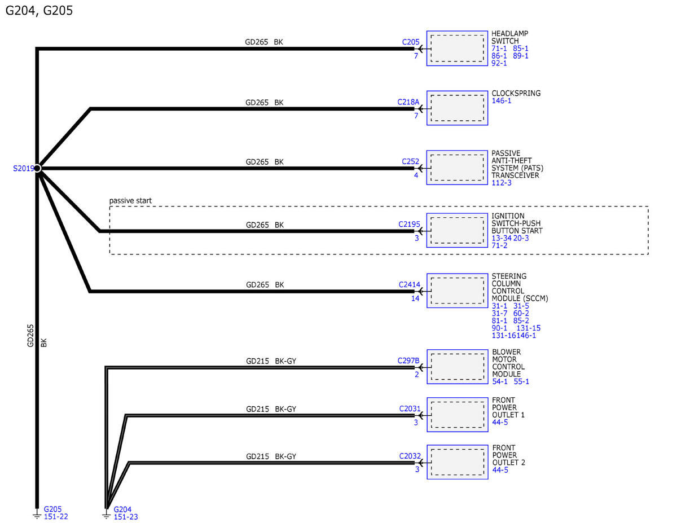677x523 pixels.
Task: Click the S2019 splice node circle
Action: [x=37, y=168]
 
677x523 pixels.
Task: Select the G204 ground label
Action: [x=122, y=509]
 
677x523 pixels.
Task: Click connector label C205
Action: [x=411, y=42]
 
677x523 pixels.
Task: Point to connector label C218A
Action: [x=408, y=102]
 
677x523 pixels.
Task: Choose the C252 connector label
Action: [x=410, y=161]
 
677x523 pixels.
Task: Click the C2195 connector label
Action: [x=409, y=225]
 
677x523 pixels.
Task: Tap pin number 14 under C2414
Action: [x=415, y=298]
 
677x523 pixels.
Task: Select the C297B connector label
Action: [x=408, y=361]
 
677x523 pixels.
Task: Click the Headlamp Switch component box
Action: [x=457, y=49]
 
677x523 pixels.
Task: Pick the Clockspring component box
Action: [x=457, y=108]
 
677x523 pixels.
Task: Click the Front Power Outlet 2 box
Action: [x=458, y=462]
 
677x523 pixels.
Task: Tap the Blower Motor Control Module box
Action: [x=458, y=367]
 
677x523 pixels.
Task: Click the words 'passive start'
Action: [x=130, y=201]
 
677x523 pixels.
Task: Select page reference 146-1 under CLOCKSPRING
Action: [x=502, y=100]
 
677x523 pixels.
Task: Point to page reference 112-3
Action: [x=502, y=183]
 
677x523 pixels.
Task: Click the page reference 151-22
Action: [x=56, y=517]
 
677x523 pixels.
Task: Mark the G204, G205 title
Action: [x=39, y=11]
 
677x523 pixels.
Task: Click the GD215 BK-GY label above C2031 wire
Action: [x=271, y=409]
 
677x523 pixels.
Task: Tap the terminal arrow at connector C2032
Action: [x=421, y=463]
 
